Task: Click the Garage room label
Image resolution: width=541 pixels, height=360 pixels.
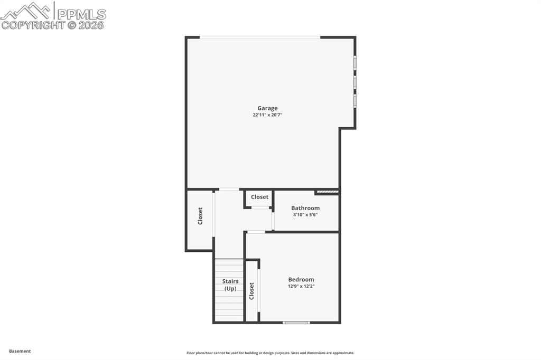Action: (x=267, y=108)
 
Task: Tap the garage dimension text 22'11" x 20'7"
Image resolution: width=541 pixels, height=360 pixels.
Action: (x=267, y=115)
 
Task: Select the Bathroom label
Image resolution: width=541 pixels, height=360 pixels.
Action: (x=305, y=208)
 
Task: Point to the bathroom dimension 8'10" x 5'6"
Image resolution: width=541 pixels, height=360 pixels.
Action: (x=305, y=215)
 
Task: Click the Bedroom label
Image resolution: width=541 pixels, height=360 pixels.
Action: (x=301, y=280)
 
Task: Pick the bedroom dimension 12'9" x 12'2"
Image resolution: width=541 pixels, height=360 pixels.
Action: (x=301, y=287)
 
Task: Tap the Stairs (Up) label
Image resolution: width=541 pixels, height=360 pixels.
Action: (x=230, y=285)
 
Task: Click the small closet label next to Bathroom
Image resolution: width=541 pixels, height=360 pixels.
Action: (x=259, y=197)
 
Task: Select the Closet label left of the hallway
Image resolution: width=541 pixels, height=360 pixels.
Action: (x=200, y=216)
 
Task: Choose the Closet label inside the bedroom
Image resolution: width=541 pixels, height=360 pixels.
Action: (x=252, y=291)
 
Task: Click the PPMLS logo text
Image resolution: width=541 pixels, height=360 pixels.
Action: (x=80, y=14)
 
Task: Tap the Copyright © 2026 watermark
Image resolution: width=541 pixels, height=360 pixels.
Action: (x=53, y=25)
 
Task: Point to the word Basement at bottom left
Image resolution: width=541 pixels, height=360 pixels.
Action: (x=20, y=351)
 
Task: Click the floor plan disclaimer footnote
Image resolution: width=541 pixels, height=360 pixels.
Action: (x=270, y=353)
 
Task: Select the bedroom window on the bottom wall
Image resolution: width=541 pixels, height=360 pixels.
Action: (x=296, y=322)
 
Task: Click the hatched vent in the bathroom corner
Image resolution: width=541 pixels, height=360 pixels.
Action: (x=327, y=192)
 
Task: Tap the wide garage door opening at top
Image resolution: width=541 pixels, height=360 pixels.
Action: (x=260, y=37)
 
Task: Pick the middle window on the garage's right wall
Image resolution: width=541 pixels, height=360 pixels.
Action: (x=355, y=82)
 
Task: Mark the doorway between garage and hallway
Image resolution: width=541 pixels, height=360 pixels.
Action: (x=229, y=189)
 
